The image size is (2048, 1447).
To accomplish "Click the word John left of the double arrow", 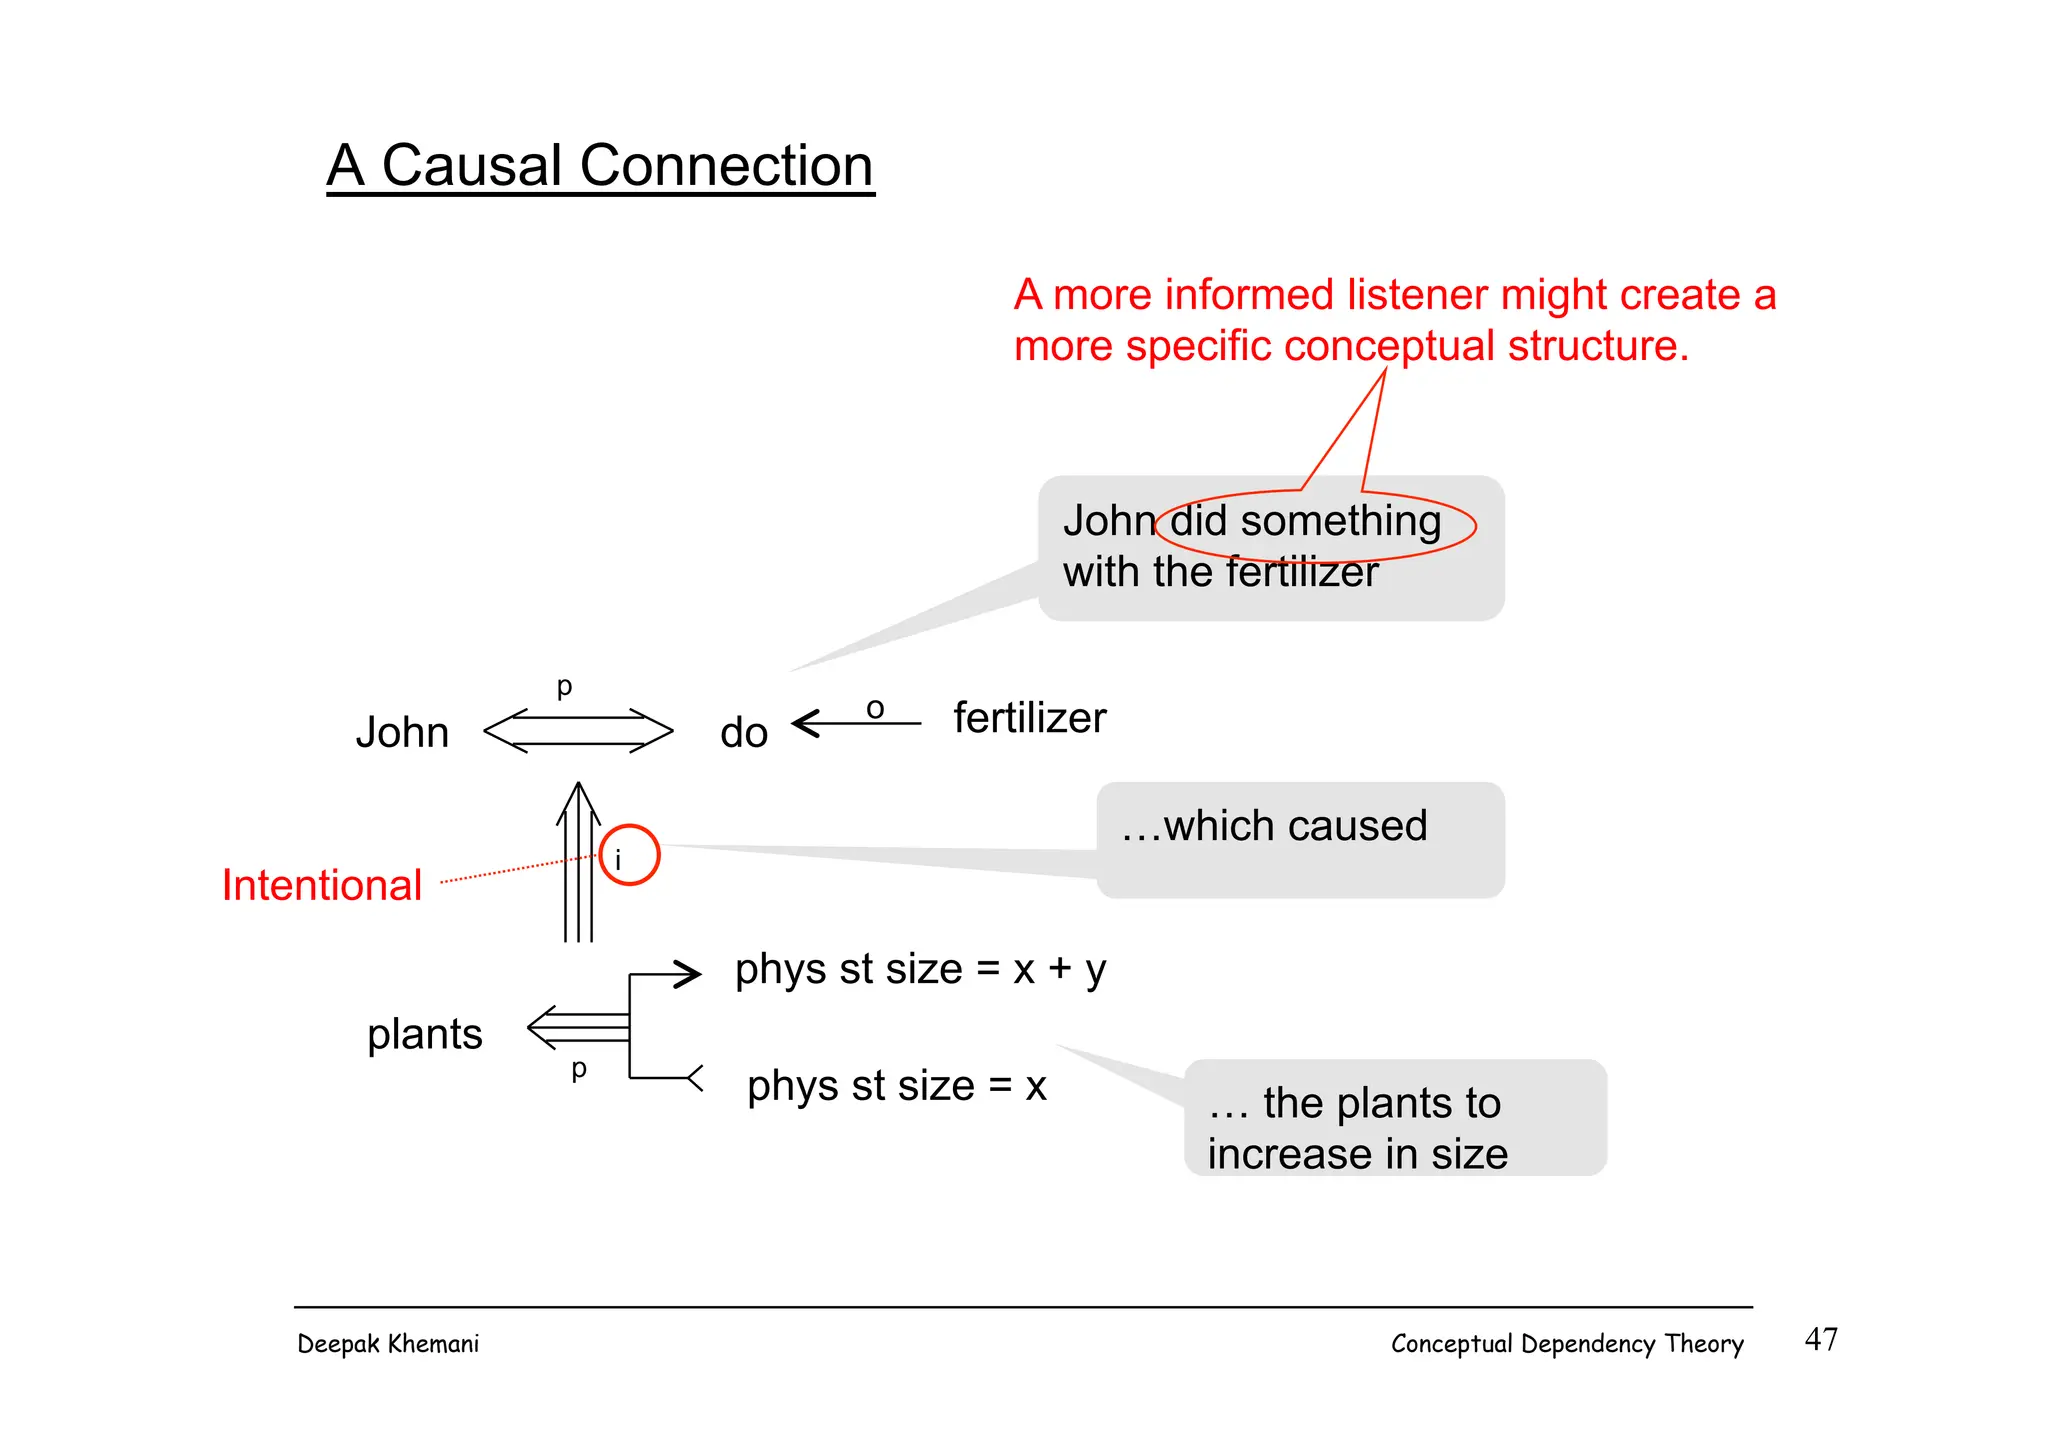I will pyautogui.click(x=402, y=733).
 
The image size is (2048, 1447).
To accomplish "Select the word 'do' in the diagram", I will pyautogui.click(x=743, y=733).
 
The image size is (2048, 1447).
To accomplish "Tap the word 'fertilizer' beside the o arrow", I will pyautogui.click(x=1029, y=718).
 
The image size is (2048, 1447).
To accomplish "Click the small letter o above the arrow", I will pyautogui.click(x=875, y=709).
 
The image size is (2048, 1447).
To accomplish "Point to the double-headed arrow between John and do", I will pyautogui.click(x=578, y=731).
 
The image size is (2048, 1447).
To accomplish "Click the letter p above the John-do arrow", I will pyautogui.click(x=564, y=687).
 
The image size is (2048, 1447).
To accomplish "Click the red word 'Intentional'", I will pyautogui.click(x=322, y=886).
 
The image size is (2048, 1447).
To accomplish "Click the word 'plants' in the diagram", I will pyautogui.click(x=424, y=1034).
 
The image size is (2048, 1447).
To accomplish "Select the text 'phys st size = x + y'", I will pyautogui.click(x=920, y=969).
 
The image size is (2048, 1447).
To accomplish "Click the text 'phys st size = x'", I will pyautogui.click(x=896, y=1086).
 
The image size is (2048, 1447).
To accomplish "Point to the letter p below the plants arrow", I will pyautogui.click(x=578, y=1069).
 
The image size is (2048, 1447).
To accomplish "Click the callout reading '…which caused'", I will pyautogui.click(x=1300, y=840).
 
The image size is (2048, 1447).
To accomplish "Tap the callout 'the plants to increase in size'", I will pyautogui.click(x=1395, y=1118).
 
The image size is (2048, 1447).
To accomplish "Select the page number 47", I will pyautogui.click(x=1820, y=1340).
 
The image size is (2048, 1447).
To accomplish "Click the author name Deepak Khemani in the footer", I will pyautogui.click(x=388, y=1344).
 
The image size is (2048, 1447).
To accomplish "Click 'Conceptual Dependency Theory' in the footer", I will pyautogui.click(x=1566, y=1344).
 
